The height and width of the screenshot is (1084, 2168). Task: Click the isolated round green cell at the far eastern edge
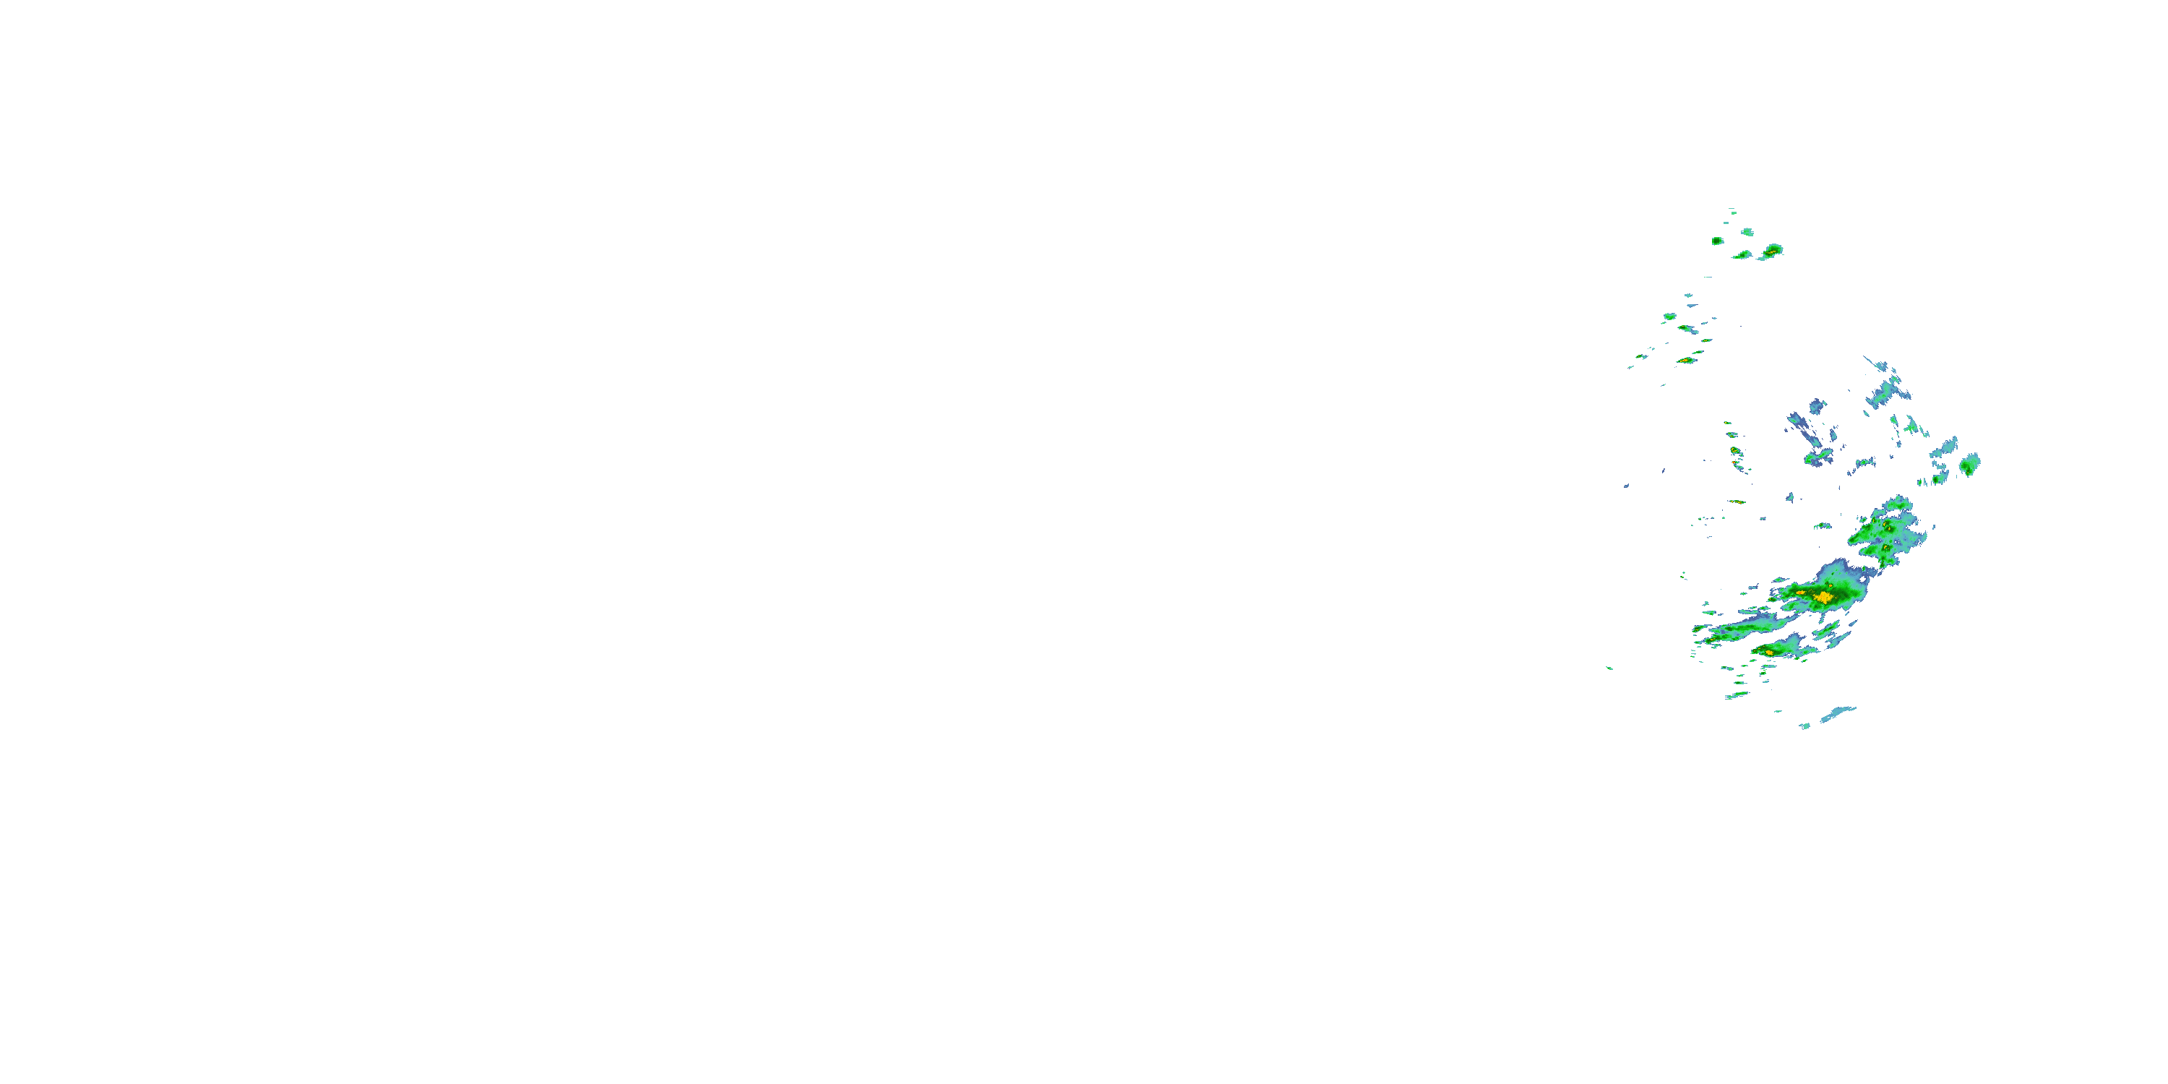point(1969,464)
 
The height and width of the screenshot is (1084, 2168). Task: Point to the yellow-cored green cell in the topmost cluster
point(1771,250)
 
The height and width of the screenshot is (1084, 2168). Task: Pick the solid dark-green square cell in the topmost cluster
point(1718,241)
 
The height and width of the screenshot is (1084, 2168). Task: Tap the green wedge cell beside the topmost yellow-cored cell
point(1742,254)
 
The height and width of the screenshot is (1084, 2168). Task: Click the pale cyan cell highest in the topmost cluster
point(1747,231)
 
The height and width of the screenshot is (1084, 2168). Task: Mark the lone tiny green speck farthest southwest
point(1609,668)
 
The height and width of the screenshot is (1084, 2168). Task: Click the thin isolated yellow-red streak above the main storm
point(1737,502)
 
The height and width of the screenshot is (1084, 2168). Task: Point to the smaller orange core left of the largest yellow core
point(1801,593)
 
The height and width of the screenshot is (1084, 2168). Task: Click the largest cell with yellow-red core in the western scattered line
point(1685,360)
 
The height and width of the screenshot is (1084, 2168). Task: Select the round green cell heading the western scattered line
point(1670,317)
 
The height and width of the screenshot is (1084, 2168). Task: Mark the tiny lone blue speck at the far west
point(1626,486)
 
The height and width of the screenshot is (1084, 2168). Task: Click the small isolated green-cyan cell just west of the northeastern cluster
point(1822,526)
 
